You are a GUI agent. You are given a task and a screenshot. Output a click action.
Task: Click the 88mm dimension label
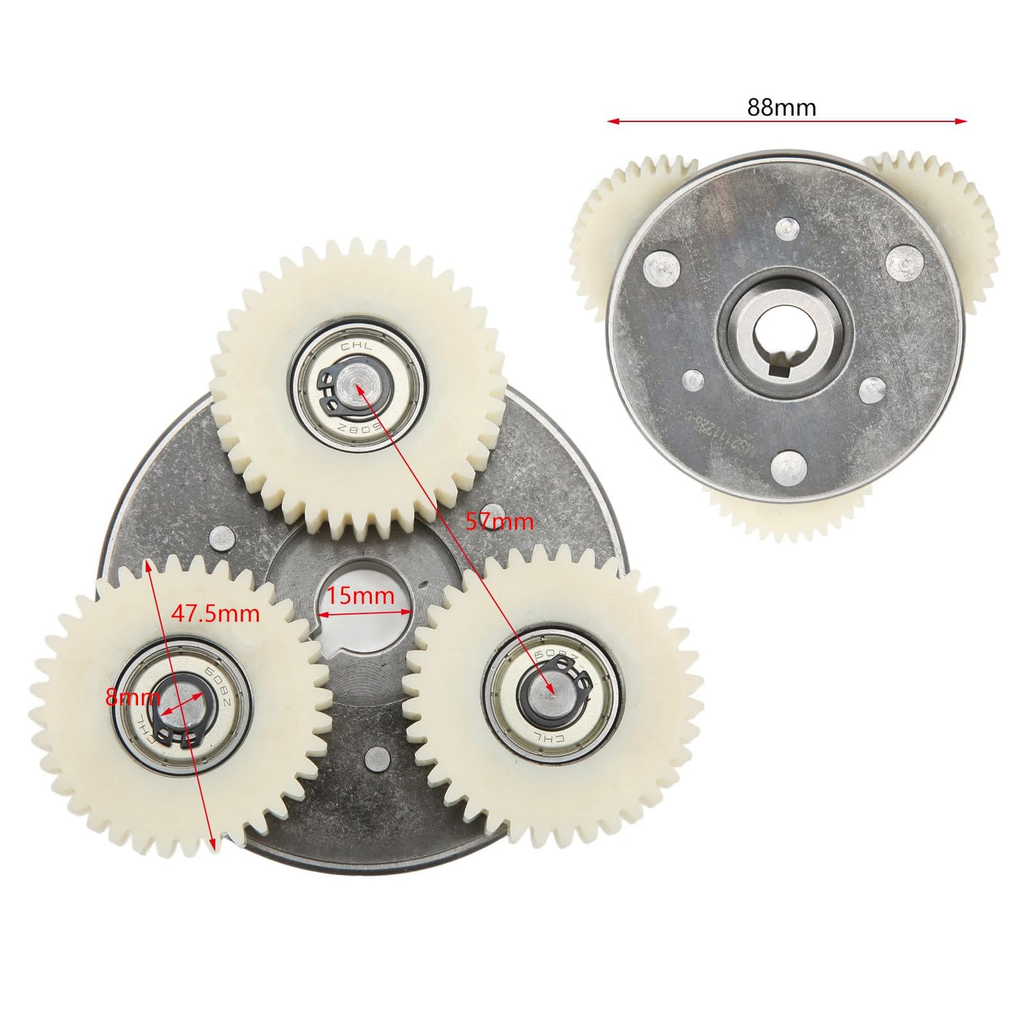click(781, 107)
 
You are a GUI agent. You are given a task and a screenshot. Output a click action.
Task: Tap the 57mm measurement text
click(500, 522)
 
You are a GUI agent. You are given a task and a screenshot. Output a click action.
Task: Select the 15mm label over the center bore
click(360, 596)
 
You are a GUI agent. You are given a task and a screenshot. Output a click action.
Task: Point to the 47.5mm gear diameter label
click(216, 613)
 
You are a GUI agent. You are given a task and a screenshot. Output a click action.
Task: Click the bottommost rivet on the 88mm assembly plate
click(788, 466)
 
